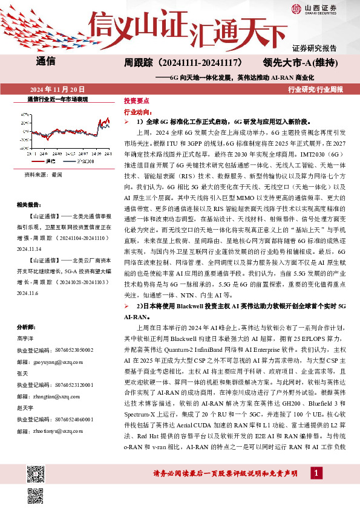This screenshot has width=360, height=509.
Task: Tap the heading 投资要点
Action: point(136,102)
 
